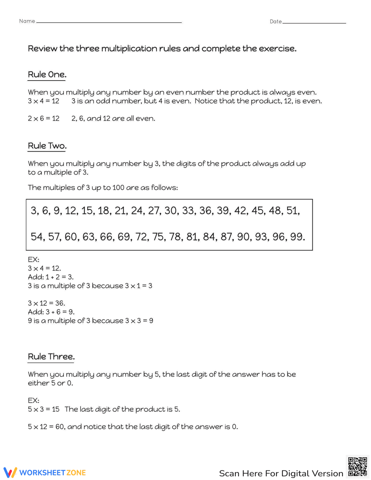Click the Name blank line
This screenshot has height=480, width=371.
coord(109,22)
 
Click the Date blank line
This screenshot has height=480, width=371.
coord(314,23)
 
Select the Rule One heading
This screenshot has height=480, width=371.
coord(47,75)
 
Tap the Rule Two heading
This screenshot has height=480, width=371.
coord(47,146)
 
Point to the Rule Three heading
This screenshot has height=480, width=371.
coord(51,356)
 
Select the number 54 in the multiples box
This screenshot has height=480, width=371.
coord(37,237)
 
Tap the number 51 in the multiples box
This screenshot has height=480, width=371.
coord(293,211)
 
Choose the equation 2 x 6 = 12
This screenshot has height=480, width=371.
coord(43,118)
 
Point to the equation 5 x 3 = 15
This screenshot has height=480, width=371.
coord(43,409)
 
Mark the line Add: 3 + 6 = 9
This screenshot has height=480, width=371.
coord(51,312)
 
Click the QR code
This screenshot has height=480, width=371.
coord(358,467)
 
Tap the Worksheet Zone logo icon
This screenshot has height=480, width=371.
coord(10,472)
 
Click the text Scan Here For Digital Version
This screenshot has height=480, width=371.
coord(281,473)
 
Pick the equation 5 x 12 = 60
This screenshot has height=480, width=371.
coord(46,427)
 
